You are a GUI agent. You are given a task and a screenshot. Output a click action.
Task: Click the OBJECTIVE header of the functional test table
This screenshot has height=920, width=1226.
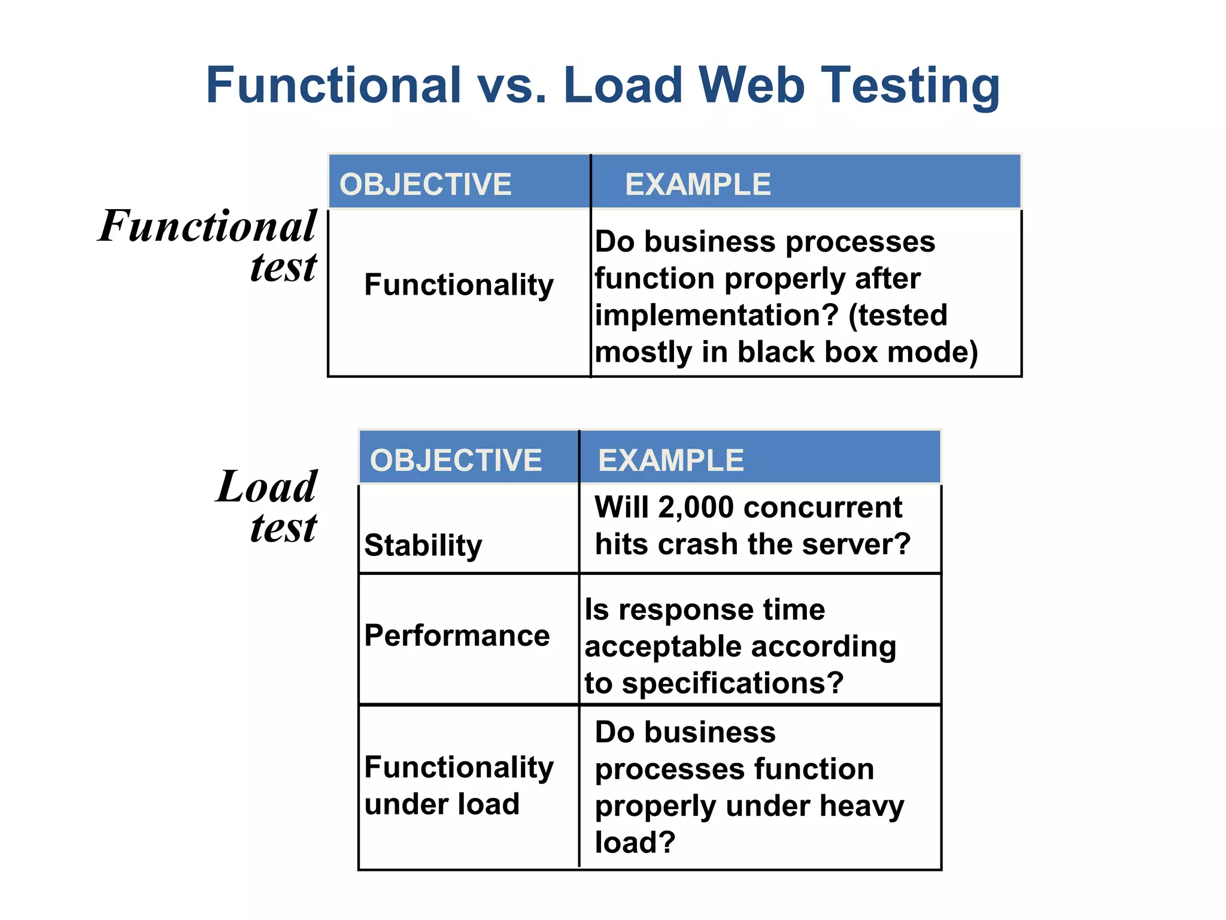pyautogui.click(x=425, y=184)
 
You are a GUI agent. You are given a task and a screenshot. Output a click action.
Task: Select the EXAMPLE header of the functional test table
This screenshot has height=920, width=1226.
pyautogui.click(x=697, y=184)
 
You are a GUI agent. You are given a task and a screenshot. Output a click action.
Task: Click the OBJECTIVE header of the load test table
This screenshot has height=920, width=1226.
pyautogui.click(x=456, y=460)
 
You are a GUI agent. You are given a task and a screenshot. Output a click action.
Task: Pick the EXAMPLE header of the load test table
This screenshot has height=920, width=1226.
pyautogui.click(x=670, y=460)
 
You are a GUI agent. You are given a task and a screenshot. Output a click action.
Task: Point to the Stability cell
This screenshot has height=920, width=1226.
pyautogui.click(x=423, y=545)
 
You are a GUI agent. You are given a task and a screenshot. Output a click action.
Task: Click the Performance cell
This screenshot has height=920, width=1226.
pyautogui.click(x=457, y=635)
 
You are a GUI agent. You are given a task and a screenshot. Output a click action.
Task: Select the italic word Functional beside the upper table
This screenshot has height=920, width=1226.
pyautogui.click(x=207, y=226)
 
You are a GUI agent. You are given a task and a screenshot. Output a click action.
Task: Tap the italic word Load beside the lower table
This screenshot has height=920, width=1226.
pyautogui.click(x=266, y=486)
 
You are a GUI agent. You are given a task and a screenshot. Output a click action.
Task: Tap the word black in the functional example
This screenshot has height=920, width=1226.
pyautogui.click(x=776, y=352)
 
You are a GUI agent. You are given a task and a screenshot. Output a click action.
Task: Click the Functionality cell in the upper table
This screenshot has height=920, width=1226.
pyautogui.click(x=459, y=285)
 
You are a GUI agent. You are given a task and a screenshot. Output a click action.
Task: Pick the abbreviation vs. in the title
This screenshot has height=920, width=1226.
pyautogui.click(x=512, y=85)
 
